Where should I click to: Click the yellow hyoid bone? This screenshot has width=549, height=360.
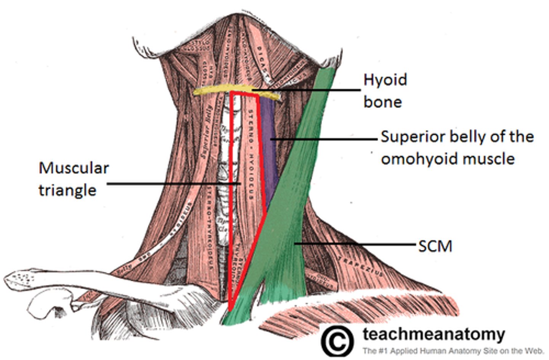click(x=213, y=90)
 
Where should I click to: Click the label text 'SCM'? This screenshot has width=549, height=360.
click(x=435, y=246)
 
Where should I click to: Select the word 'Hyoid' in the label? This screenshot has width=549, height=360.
click(x=385, y=80)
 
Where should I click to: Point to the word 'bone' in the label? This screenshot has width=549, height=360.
click(x=382, y=102)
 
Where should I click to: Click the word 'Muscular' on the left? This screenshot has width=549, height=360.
click(x=74, y=168)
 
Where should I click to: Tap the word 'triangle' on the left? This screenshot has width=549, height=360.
click(x=67, y=190)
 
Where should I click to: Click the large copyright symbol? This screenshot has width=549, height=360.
click(x=337, y=341)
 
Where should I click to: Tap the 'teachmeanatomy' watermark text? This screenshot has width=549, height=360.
click(x=433, y=334)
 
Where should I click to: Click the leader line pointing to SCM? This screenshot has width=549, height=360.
click(x=355, y=243)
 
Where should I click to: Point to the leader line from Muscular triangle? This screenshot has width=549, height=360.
click(x=172, y=184)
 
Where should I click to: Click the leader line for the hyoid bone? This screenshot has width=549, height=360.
click(x=305, y=90)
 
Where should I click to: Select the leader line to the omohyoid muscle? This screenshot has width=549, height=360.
click(x=324, y=139)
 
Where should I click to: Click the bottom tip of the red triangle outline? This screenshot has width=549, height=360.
click(x=230, y=310)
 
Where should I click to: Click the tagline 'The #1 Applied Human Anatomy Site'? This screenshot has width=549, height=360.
click(x=452, y=350)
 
